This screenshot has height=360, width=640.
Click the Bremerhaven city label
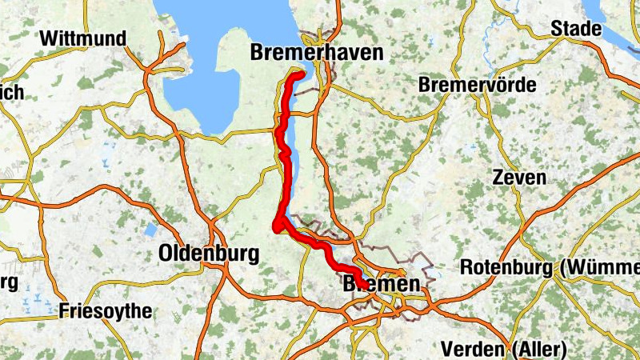(317, 54)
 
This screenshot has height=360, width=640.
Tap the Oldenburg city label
(209, 254)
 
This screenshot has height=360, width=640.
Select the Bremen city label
(381, 285)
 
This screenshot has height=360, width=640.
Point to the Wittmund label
(83, 38)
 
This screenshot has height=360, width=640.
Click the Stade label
(576, 30)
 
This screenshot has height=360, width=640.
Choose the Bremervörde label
(478, 84)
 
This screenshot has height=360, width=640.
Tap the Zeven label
(520, 178)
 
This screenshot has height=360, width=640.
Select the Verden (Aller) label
(503, 350)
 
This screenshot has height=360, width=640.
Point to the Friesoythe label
(106, 311)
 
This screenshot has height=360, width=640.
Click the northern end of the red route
(302, 74)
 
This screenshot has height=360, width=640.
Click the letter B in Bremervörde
(425, 84)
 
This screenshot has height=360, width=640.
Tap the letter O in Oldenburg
(166, 254)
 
